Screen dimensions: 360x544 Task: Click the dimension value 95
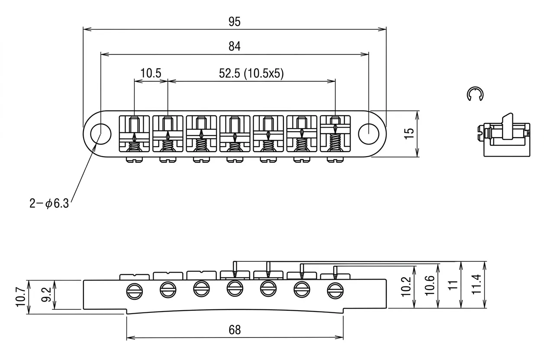[234, 22]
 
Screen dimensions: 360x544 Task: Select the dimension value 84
[234, 46]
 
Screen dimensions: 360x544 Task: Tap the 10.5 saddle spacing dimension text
[151, 74]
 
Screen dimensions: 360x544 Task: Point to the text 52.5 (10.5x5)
[251, 74]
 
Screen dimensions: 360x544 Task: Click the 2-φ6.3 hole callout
[49, 203]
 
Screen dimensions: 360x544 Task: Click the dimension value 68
[234, 330]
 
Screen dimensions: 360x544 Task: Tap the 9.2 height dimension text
[46, 296]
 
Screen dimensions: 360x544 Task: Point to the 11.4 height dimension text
[476, 285]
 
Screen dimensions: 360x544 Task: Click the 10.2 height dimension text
[406, 286]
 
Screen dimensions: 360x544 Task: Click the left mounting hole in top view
[100, 133]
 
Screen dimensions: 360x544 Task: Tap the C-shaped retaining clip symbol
[476, 94]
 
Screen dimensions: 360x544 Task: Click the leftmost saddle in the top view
[134, 133]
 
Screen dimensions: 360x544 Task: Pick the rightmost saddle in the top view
[335, 133]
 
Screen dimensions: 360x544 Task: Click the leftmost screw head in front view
[134, 291]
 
